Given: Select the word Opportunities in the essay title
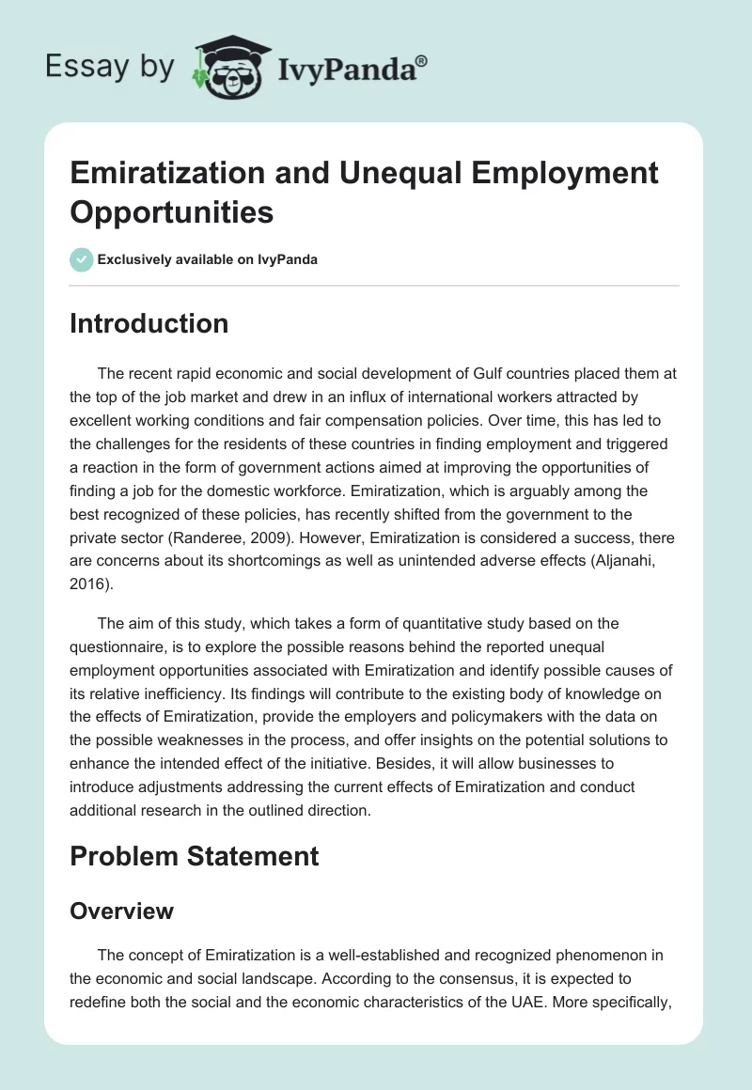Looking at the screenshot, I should pyautogui.click(x=171, y=212).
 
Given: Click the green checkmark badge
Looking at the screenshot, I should pyautogui.click(x=82, y=259).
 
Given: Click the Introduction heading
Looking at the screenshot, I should pyautogui.click(x=149, y=323).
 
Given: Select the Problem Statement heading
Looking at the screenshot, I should pyautogui.click(x=194, y=856).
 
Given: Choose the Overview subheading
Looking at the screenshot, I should pyautogui.click(x=121, y=911).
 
